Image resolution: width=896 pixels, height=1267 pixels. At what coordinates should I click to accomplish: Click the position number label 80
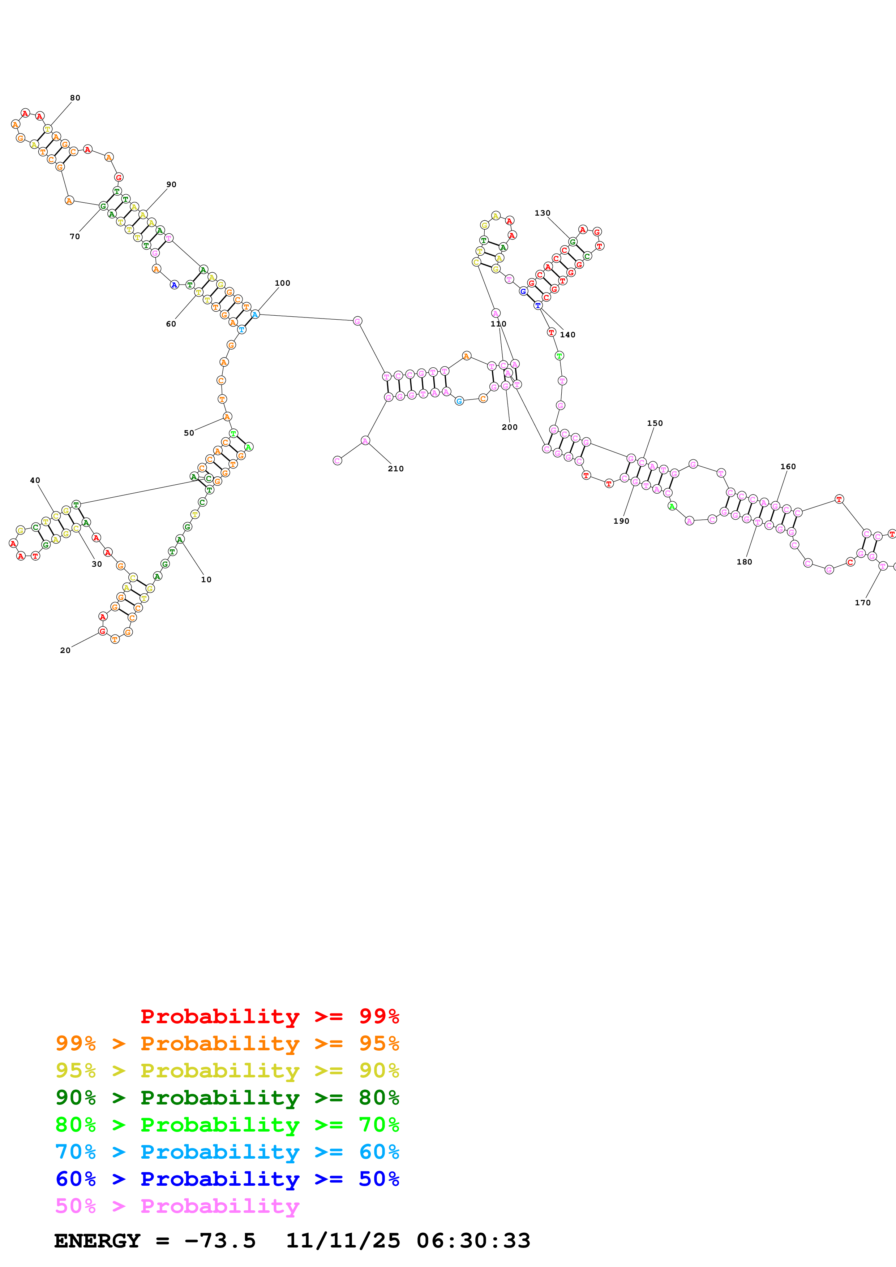pos(75,98)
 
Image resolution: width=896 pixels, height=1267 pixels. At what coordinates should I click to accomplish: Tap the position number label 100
pos(282,283)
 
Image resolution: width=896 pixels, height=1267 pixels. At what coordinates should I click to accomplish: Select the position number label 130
pos(542,213)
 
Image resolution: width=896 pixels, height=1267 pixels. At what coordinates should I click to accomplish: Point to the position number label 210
pos(395,468)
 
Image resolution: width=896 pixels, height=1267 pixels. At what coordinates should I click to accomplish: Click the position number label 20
pos(65,650)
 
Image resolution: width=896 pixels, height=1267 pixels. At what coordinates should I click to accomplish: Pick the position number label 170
pos(862,602)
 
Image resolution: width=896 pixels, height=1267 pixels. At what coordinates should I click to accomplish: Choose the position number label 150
pos(655,423)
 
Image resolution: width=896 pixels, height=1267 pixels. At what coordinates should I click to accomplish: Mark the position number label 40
pos(35,480)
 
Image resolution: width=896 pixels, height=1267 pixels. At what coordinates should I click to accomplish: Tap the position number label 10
pos(206,579)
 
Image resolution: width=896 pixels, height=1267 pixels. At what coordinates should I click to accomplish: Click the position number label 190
pos(621,521)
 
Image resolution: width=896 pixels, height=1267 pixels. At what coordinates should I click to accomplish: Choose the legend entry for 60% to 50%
pos(227,1179)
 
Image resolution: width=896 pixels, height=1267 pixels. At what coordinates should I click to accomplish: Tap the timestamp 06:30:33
pos(473,1241)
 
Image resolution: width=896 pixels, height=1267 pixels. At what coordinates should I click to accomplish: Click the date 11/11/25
pos(343,1241)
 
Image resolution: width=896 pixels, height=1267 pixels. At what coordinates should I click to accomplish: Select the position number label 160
pos(788,466)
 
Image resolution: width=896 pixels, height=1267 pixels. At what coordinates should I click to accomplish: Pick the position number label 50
pos(189,433)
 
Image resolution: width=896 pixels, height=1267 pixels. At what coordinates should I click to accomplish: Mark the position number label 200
pos(510,427)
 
